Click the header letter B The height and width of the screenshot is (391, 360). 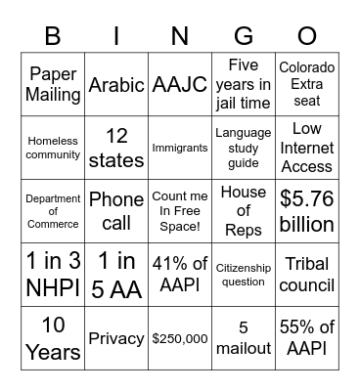pos(53,35)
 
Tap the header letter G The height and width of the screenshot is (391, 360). pos(243,35)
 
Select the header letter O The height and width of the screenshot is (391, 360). pos(306,35)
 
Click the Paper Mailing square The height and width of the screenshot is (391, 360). pos(53,84)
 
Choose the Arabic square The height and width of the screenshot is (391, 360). pos(116,84)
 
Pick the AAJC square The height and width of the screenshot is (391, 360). pos(180,84)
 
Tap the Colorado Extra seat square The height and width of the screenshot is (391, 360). pos(306,84)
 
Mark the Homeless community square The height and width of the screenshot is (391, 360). pos(53,148)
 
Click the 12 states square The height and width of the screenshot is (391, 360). pos(116,148)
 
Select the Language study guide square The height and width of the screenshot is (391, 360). pos(243,148)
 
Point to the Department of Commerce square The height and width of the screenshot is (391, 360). pos(53,211)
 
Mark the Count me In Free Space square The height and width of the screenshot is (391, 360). pos(180,211)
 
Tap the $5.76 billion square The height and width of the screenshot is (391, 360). pos(306,211)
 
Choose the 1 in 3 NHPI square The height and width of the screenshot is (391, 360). pos(53,275)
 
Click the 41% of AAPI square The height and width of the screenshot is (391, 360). pos(180,275)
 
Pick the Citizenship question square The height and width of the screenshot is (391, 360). pos(243,275)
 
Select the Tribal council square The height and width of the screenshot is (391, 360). pos(306,275)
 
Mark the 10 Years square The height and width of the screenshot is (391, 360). pos(53,337)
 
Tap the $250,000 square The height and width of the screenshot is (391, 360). pos(180,337)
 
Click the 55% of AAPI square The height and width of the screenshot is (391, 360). pos(306,337)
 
